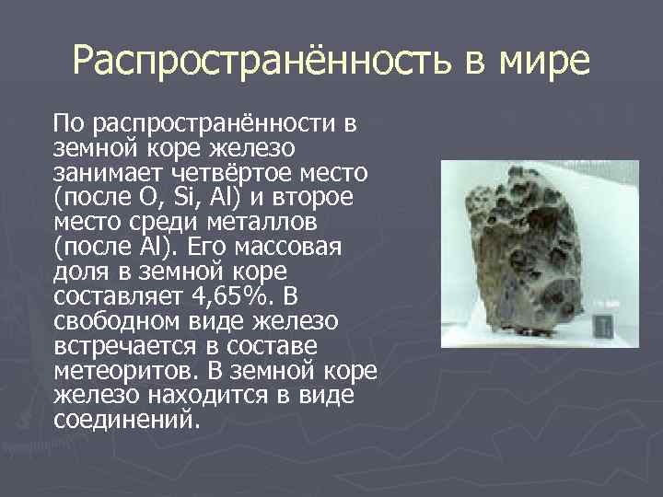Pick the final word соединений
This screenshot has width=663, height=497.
tap(125, 421)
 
